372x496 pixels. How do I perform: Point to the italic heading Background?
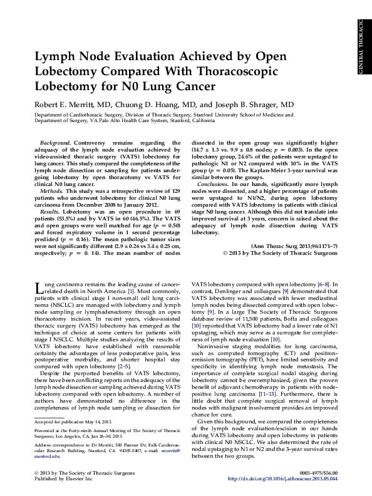point(54,143)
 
